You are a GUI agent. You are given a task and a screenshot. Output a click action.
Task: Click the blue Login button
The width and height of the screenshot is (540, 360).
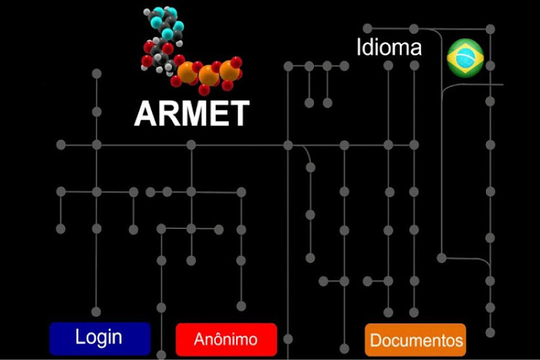coord(99,338)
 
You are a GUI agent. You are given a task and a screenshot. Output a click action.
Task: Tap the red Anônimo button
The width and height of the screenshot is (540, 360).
coord(226,339)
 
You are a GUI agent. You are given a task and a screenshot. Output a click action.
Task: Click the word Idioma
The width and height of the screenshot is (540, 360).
coord(389,48)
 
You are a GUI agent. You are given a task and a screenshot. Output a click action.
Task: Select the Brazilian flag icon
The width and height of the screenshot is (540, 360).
coord(465,58)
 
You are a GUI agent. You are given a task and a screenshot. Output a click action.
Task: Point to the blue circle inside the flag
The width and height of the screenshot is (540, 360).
coord(465,58)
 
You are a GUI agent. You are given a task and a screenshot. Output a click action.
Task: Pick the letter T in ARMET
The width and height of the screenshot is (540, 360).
coord(239,113)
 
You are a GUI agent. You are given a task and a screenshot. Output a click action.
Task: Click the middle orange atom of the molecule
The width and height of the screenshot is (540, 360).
coord(210,74)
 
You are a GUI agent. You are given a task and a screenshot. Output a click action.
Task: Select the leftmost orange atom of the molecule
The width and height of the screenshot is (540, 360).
coord(187,71)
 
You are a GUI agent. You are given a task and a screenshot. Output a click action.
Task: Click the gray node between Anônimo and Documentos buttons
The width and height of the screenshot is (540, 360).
coord(288,338)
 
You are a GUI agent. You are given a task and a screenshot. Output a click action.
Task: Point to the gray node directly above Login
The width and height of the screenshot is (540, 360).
coord(96,312)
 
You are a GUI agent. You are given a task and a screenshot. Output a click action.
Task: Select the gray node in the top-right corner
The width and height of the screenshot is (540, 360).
coord(490,29)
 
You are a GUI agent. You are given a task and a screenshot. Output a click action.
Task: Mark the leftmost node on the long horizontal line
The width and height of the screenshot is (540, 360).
coord(60,145)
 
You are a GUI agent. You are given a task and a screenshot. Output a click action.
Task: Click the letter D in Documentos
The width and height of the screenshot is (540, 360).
coord(375,340)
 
